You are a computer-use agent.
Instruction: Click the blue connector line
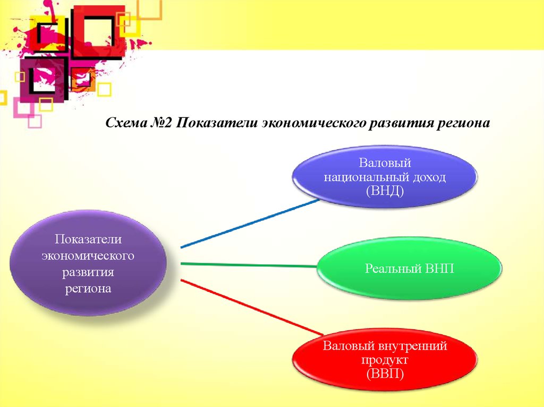point(250,223)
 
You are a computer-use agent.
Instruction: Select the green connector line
point(249,265)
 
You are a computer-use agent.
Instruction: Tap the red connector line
point(252,307)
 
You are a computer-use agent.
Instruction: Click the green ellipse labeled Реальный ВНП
point(410,269)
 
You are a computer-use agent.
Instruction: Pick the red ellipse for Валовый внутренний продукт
point(385,359)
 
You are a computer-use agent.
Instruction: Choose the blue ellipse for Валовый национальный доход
point(385,177)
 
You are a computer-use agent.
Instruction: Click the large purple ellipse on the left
point(88,263)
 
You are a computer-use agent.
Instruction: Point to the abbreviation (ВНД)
point(385,192)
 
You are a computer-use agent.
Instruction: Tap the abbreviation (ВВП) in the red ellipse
point(385,374)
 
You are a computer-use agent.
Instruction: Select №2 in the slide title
point(161,123)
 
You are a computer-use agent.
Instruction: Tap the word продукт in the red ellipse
point(385,360)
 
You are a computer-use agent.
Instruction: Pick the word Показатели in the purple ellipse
point(88,239)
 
